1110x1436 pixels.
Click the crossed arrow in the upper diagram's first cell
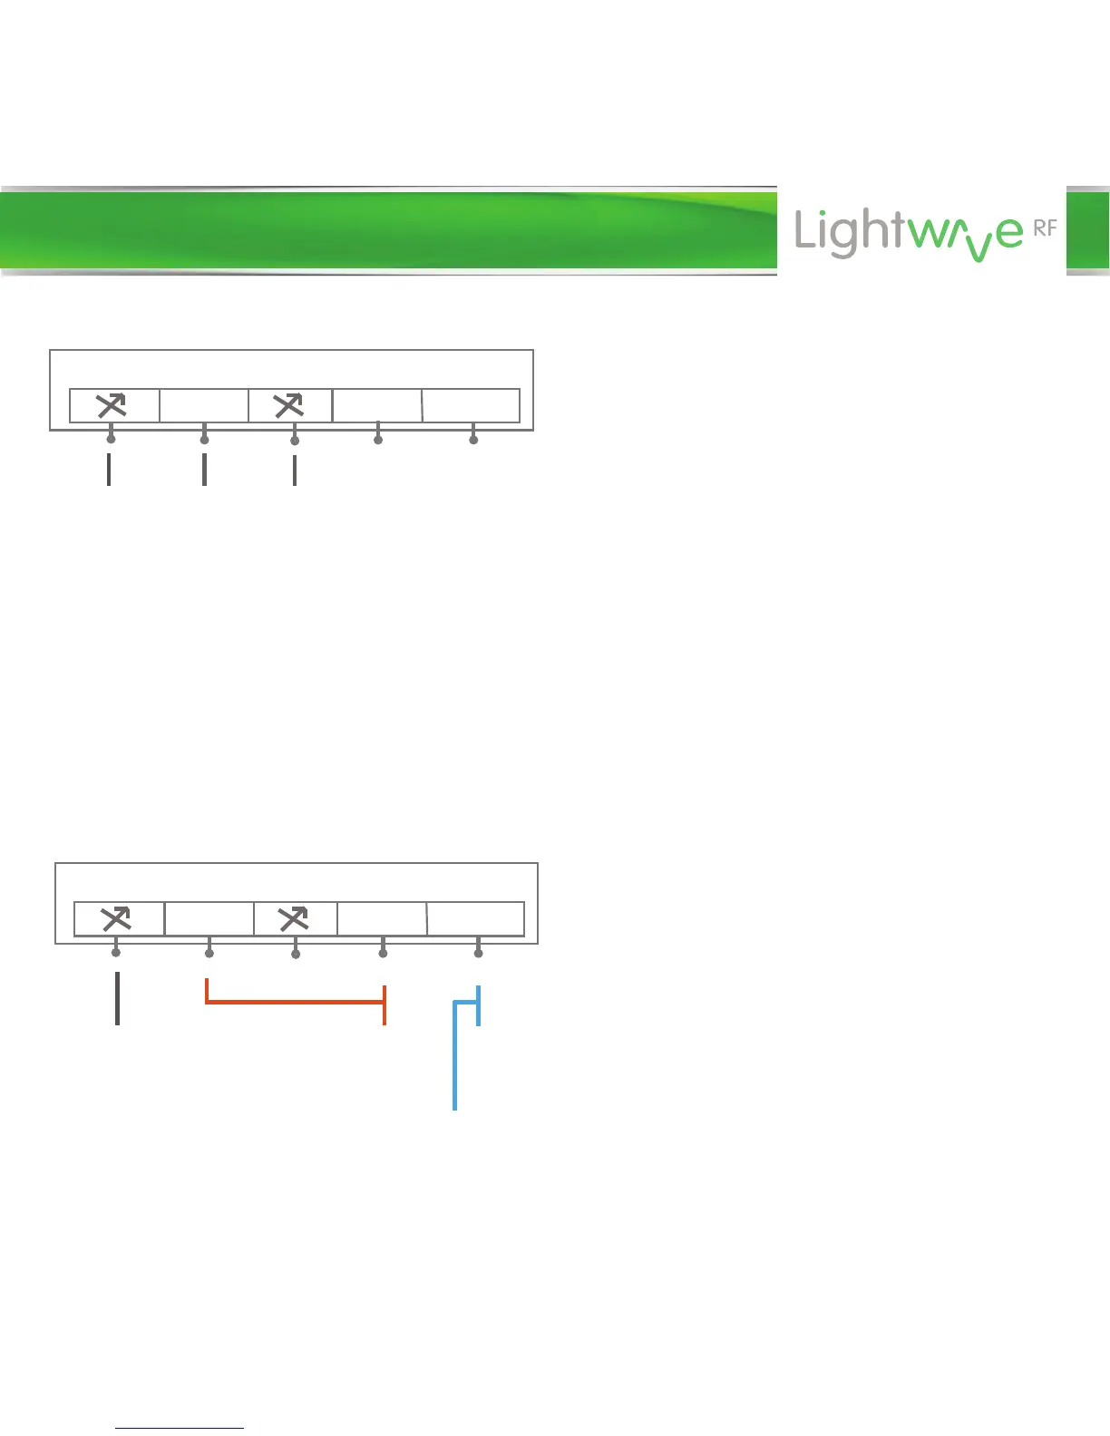[112, 406]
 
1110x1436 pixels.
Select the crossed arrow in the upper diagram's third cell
[289, 406]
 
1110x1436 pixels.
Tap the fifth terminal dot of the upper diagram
[473, 440]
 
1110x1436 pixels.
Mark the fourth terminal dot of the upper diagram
[378, 440]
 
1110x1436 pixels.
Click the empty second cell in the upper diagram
[204, 406]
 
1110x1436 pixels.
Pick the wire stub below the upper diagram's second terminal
[204, 469]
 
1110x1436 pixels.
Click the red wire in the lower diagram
[295, 1002]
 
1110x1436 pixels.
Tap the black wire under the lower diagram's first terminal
[117, 997]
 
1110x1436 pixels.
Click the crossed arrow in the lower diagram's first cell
[116, 919]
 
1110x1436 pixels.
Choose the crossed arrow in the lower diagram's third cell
[294, 919]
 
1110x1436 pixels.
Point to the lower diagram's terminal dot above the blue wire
[478, 953]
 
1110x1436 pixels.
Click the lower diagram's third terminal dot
[296, 954]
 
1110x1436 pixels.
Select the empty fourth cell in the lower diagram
[382, 919]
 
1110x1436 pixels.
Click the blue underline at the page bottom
[180, 1429]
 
